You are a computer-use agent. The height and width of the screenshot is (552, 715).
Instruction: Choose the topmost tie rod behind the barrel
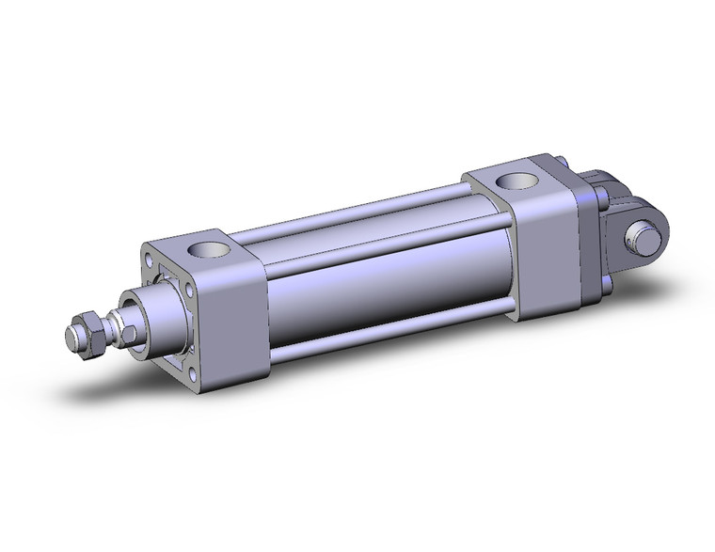[x=376, y=205]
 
